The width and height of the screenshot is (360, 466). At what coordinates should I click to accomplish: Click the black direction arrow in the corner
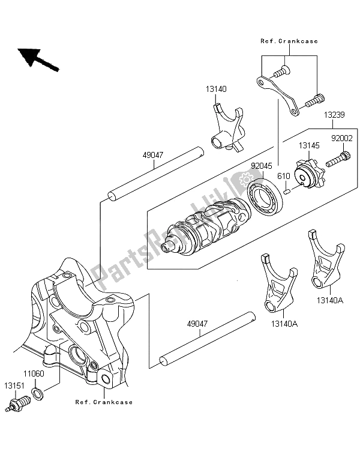click(x=37, y=58)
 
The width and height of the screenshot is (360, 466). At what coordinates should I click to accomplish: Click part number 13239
click(x=337, y=115)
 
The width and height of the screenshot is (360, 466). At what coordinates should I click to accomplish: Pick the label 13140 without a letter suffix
click(x=217, y=88)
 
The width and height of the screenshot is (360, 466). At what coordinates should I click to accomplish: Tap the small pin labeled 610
click(x=287, y=192)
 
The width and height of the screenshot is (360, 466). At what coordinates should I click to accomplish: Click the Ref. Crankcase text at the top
click(x=289, y=41)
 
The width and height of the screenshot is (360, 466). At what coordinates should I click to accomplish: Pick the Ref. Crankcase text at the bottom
click(x=104, y=402)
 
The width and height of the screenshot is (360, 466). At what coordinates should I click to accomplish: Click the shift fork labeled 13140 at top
click(x=229, y=127)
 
